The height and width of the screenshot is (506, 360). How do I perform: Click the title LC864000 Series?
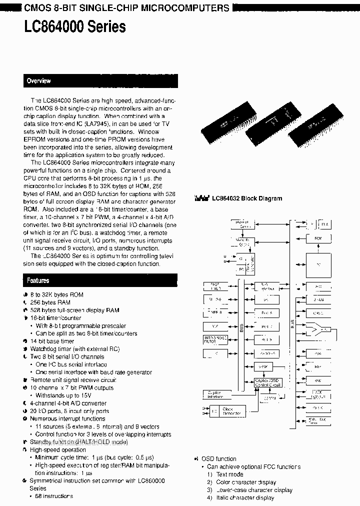pyautogui.click(x=75, y=26)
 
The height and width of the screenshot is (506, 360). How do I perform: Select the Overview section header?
pyautogui.click(x=39, y=81)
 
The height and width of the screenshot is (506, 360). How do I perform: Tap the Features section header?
pyautogui.click(x=38, y=281)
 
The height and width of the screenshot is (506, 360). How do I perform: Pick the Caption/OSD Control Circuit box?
pyautogui.click(x=268, y=383)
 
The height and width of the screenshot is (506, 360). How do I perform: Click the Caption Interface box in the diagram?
pyautogui.click(x=215, y=394)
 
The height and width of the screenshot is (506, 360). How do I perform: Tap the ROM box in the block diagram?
pyautogui.click(x=318, y=238)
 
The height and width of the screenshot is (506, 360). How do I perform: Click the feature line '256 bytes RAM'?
pyautogui.click(x=50, y=302)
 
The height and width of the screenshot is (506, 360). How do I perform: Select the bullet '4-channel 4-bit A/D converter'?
pyautogui.click(x=68, y=403)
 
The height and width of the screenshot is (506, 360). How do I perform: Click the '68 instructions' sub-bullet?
pyautogui.click(x=54, y=496)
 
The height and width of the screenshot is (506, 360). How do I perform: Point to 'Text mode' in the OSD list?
pyautogui.click(x=229, y=474)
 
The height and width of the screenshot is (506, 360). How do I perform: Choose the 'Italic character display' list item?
pyautogui.click(x=245, y=498)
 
